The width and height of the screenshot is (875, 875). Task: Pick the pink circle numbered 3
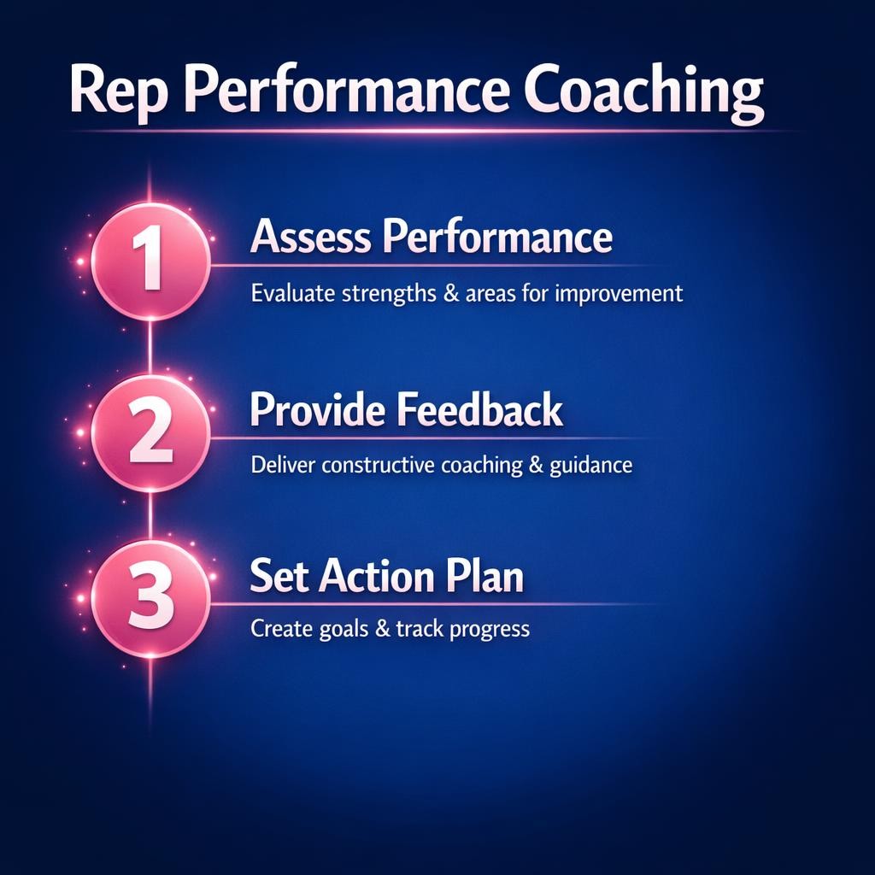(x=150, y=601)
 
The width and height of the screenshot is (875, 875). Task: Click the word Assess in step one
(x=314, y=237)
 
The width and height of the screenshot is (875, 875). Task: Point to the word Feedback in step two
(x=480, y=410)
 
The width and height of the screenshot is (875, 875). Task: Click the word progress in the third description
(x=491, y=631)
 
